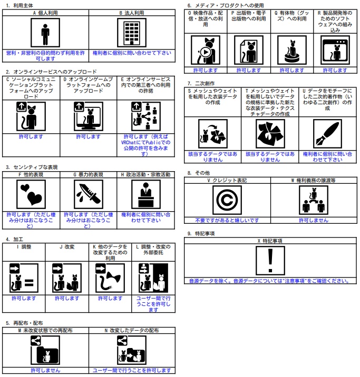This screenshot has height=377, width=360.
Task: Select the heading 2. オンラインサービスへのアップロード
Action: [x=51, y=72]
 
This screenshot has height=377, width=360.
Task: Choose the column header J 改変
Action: [x=67, y=245]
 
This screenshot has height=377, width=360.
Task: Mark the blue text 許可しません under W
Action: [x=314, y=220]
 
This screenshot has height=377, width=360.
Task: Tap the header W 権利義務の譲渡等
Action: [x=314, y=180]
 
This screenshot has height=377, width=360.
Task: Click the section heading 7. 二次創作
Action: [x=201, y=83]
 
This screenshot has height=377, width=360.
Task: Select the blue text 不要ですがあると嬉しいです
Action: [x=227, y=220]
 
